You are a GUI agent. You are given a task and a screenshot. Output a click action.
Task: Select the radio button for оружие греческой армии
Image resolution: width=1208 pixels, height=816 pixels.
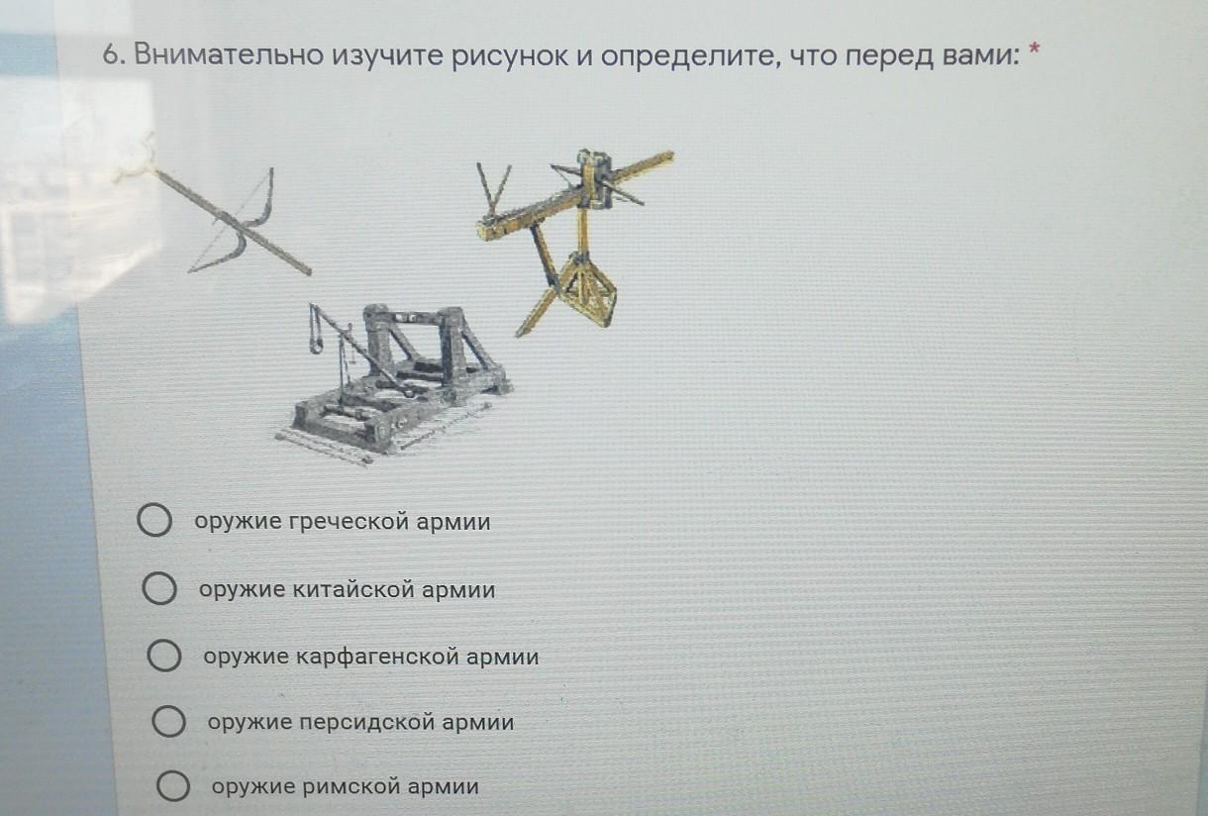154,520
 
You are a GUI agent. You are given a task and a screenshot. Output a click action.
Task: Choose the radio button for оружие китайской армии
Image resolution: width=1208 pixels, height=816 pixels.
159,588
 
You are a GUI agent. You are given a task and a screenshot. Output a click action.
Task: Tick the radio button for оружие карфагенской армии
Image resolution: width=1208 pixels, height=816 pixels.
164,656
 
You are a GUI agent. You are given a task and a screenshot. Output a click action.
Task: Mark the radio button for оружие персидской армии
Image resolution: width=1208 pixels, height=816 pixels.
168,721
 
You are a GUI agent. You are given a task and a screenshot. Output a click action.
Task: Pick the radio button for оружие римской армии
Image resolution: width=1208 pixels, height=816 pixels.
173,785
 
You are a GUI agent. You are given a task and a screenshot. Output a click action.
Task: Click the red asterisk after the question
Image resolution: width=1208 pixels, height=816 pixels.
1034,50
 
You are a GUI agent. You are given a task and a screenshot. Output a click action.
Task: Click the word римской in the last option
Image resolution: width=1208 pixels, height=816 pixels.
352,786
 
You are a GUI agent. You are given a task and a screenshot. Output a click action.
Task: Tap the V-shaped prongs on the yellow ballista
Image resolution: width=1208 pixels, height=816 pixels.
493,189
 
